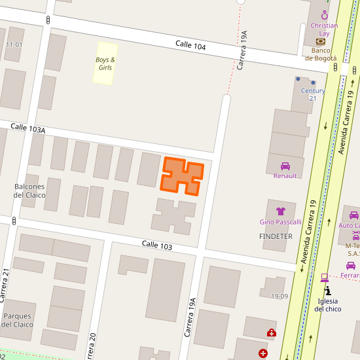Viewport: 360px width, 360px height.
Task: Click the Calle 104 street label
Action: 190,45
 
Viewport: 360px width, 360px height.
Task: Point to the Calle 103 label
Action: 157,246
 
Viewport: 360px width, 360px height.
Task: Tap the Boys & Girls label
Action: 105,63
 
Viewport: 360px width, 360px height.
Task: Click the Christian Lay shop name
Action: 324,29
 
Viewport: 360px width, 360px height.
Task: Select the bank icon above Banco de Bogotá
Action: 321,41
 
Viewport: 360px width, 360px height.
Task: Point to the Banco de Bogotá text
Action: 321,54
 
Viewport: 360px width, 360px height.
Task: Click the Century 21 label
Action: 313,94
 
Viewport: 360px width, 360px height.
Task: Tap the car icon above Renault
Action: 285,166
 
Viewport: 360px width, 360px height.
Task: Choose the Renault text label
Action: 285,175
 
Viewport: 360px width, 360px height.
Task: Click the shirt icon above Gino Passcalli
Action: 281,211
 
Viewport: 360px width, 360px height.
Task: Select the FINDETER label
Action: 276,236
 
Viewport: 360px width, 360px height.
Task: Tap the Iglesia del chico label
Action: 328,305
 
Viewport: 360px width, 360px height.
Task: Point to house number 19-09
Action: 279,296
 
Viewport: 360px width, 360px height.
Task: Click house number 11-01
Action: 14,45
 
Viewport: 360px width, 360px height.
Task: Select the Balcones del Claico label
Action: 29,190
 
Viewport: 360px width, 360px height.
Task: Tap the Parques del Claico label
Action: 17,320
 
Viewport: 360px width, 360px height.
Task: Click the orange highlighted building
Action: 182,175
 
